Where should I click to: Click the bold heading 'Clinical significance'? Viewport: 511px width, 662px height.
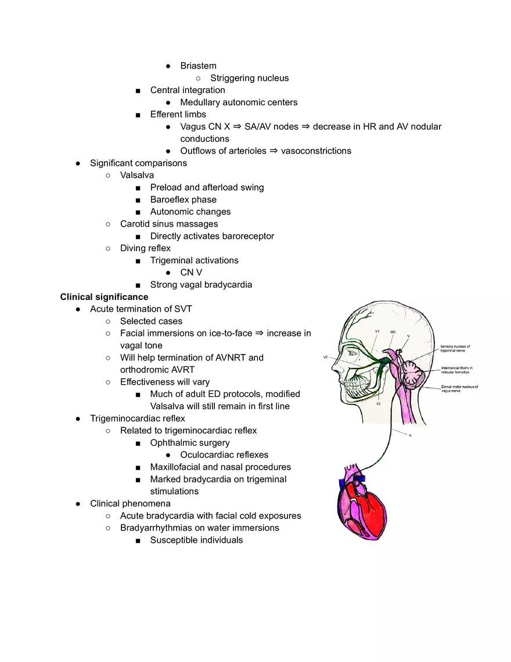tap(104, 297)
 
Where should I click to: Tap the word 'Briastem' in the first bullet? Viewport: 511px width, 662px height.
tap(198, 66)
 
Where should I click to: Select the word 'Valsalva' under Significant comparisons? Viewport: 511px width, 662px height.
tap(137, 175)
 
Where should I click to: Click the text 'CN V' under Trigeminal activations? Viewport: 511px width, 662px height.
tap(191, 273)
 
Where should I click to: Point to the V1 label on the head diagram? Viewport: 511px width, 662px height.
tap(377, 331)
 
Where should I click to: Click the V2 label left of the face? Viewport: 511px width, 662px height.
tap(326, 357)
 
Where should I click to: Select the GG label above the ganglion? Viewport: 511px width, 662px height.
tap(393, 331)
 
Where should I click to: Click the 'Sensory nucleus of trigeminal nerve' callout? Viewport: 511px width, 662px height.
tap(456, 349)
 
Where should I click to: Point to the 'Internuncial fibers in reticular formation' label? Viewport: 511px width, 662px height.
tap(457, 370)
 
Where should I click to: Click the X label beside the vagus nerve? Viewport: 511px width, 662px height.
tap(410, 435)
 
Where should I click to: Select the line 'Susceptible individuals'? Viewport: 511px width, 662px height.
tap(196, 540)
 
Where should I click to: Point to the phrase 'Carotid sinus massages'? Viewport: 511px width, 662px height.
tap(169, 224)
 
